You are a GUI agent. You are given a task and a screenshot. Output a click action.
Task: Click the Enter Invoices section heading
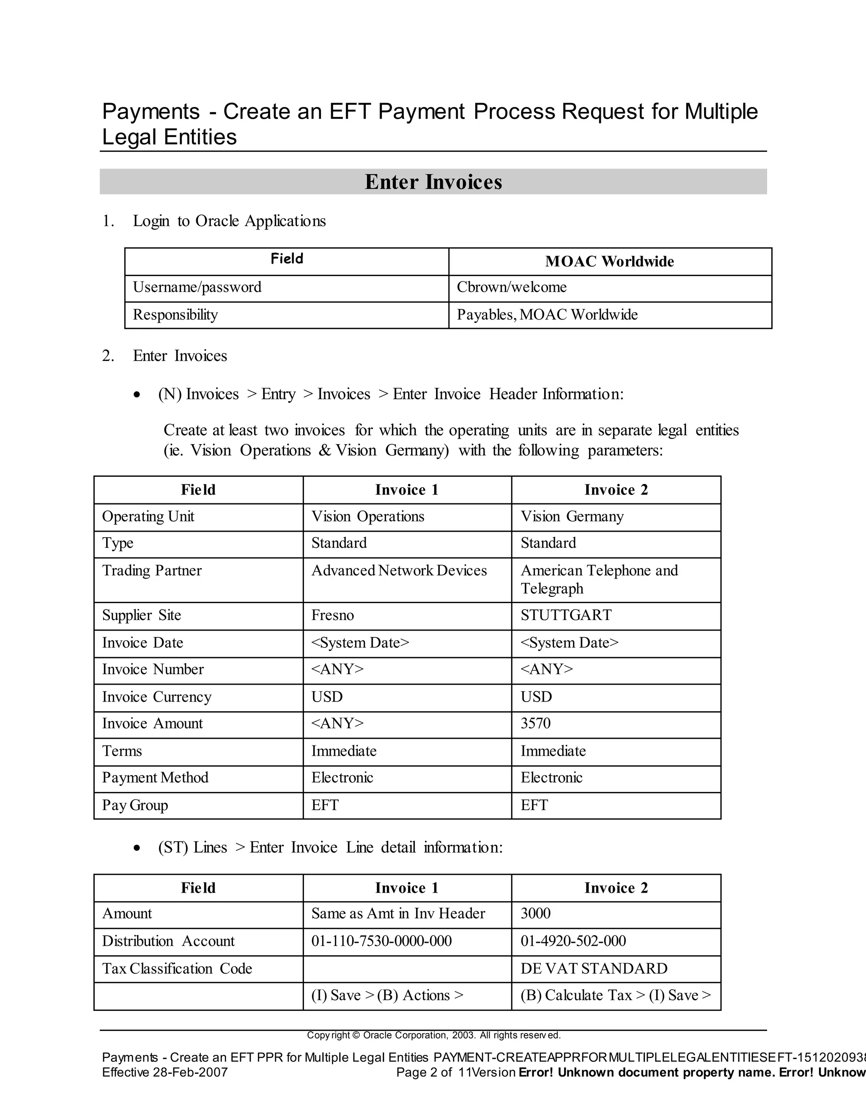pos(433,182)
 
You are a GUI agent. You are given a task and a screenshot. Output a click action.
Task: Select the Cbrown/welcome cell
pos(512,287)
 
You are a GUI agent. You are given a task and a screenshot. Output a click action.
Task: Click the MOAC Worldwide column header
pos(609,262)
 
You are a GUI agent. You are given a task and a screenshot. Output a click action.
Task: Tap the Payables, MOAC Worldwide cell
pos(547,315)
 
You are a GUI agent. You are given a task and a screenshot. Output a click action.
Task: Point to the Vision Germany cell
pos(572,516)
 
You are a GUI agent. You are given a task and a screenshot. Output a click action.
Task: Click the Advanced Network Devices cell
pos(399,571)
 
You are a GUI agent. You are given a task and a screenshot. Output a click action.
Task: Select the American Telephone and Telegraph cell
pos(599,579)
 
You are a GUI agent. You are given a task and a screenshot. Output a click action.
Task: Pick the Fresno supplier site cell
pos(332,615)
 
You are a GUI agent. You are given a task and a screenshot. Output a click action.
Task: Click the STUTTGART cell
pos(566,615)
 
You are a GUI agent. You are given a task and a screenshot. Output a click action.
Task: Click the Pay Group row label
pos(135,805)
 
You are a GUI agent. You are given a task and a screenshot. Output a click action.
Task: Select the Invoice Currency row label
pos(156,697)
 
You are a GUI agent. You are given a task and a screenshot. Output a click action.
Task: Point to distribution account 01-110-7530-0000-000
pos(381,941)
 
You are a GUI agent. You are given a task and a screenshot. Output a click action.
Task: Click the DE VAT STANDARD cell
pos(594,969)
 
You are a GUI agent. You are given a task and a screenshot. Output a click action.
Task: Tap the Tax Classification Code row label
pos(177,969)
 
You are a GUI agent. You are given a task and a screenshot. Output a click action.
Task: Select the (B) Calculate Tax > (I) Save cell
pos(615,995)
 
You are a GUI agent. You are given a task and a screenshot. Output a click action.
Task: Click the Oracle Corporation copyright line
pos(433,1035)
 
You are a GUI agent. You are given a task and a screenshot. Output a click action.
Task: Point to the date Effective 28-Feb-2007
pos(164,1072)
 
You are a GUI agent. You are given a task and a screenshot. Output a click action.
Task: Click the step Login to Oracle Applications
pos(229,221)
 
